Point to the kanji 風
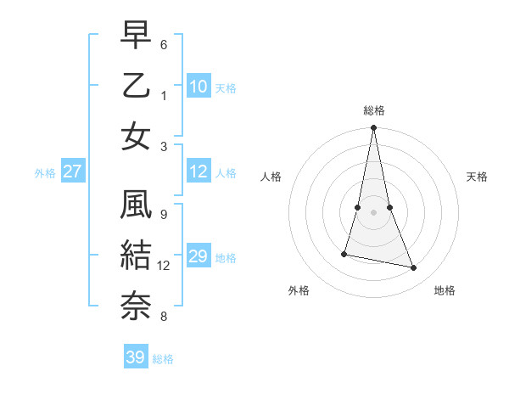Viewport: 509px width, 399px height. [x=136, y=205]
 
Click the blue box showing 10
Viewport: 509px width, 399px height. [x=199, y=86]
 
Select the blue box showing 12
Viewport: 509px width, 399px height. [x=199, y=171]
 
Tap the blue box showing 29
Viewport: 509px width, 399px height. [x=199, y=256]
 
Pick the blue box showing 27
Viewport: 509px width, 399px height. [x=72, y=171]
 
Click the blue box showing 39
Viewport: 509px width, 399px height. [x=136, y=357]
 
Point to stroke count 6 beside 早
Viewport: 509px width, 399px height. [x=164, y=44]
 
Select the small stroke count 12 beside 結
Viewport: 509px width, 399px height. [x=164, y=266]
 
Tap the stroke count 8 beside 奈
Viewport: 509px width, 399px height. [x=164, y=317]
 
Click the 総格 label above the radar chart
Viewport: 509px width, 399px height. [x=374, y=110]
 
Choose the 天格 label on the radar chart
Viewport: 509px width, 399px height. [x=477, y=177]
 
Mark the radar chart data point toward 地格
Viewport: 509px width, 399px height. [x=414, y=268]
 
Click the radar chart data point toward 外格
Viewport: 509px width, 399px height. [x=344, y=254]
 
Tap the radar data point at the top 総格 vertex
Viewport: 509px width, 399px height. [x=374, y=128]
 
